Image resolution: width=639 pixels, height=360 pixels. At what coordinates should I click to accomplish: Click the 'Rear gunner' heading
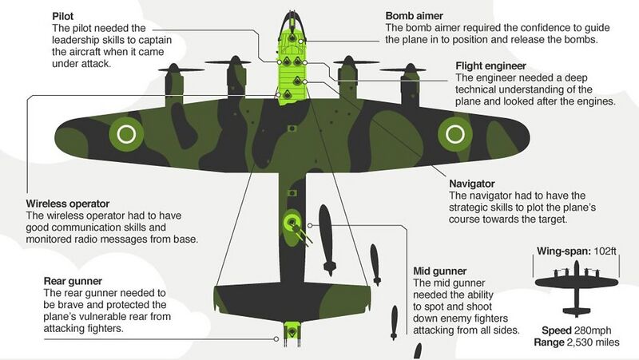pyautogui.click(x=76, y=281)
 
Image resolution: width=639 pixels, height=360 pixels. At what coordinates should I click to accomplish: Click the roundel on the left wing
pyautogui.click(x=126, y=134)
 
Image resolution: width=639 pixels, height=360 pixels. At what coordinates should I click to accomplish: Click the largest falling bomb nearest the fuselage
pyautogui.click(x=326, y=233)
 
